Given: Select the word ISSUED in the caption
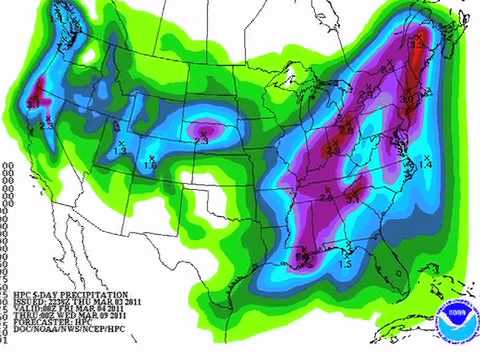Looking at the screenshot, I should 28,302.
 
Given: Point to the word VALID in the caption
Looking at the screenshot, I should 26,310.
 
